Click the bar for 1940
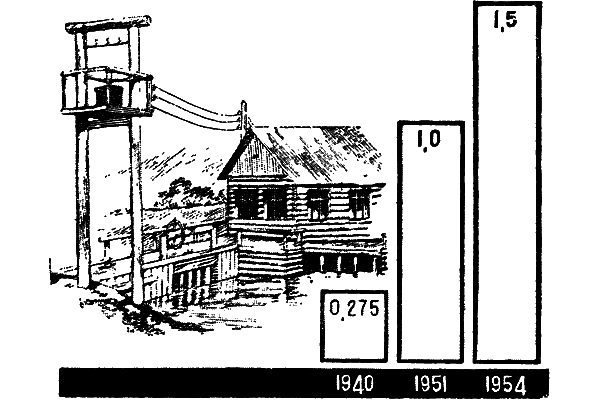point(354,326)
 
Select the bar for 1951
point(431,242)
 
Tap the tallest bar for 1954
point(507,182)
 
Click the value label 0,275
point(354,309)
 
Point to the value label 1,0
point(429,140)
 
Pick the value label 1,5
point(505,21)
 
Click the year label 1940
point(354,383)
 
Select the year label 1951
point(431,383)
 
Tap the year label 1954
point(506,384)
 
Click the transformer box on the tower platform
point(108,96)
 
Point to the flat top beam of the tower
point(108,24)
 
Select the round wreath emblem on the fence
point(174,233)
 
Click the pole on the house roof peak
point(243,116)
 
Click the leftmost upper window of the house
point(248,204)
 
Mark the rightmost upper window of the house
point(359,204)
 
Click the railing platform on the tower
point(107,92)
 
